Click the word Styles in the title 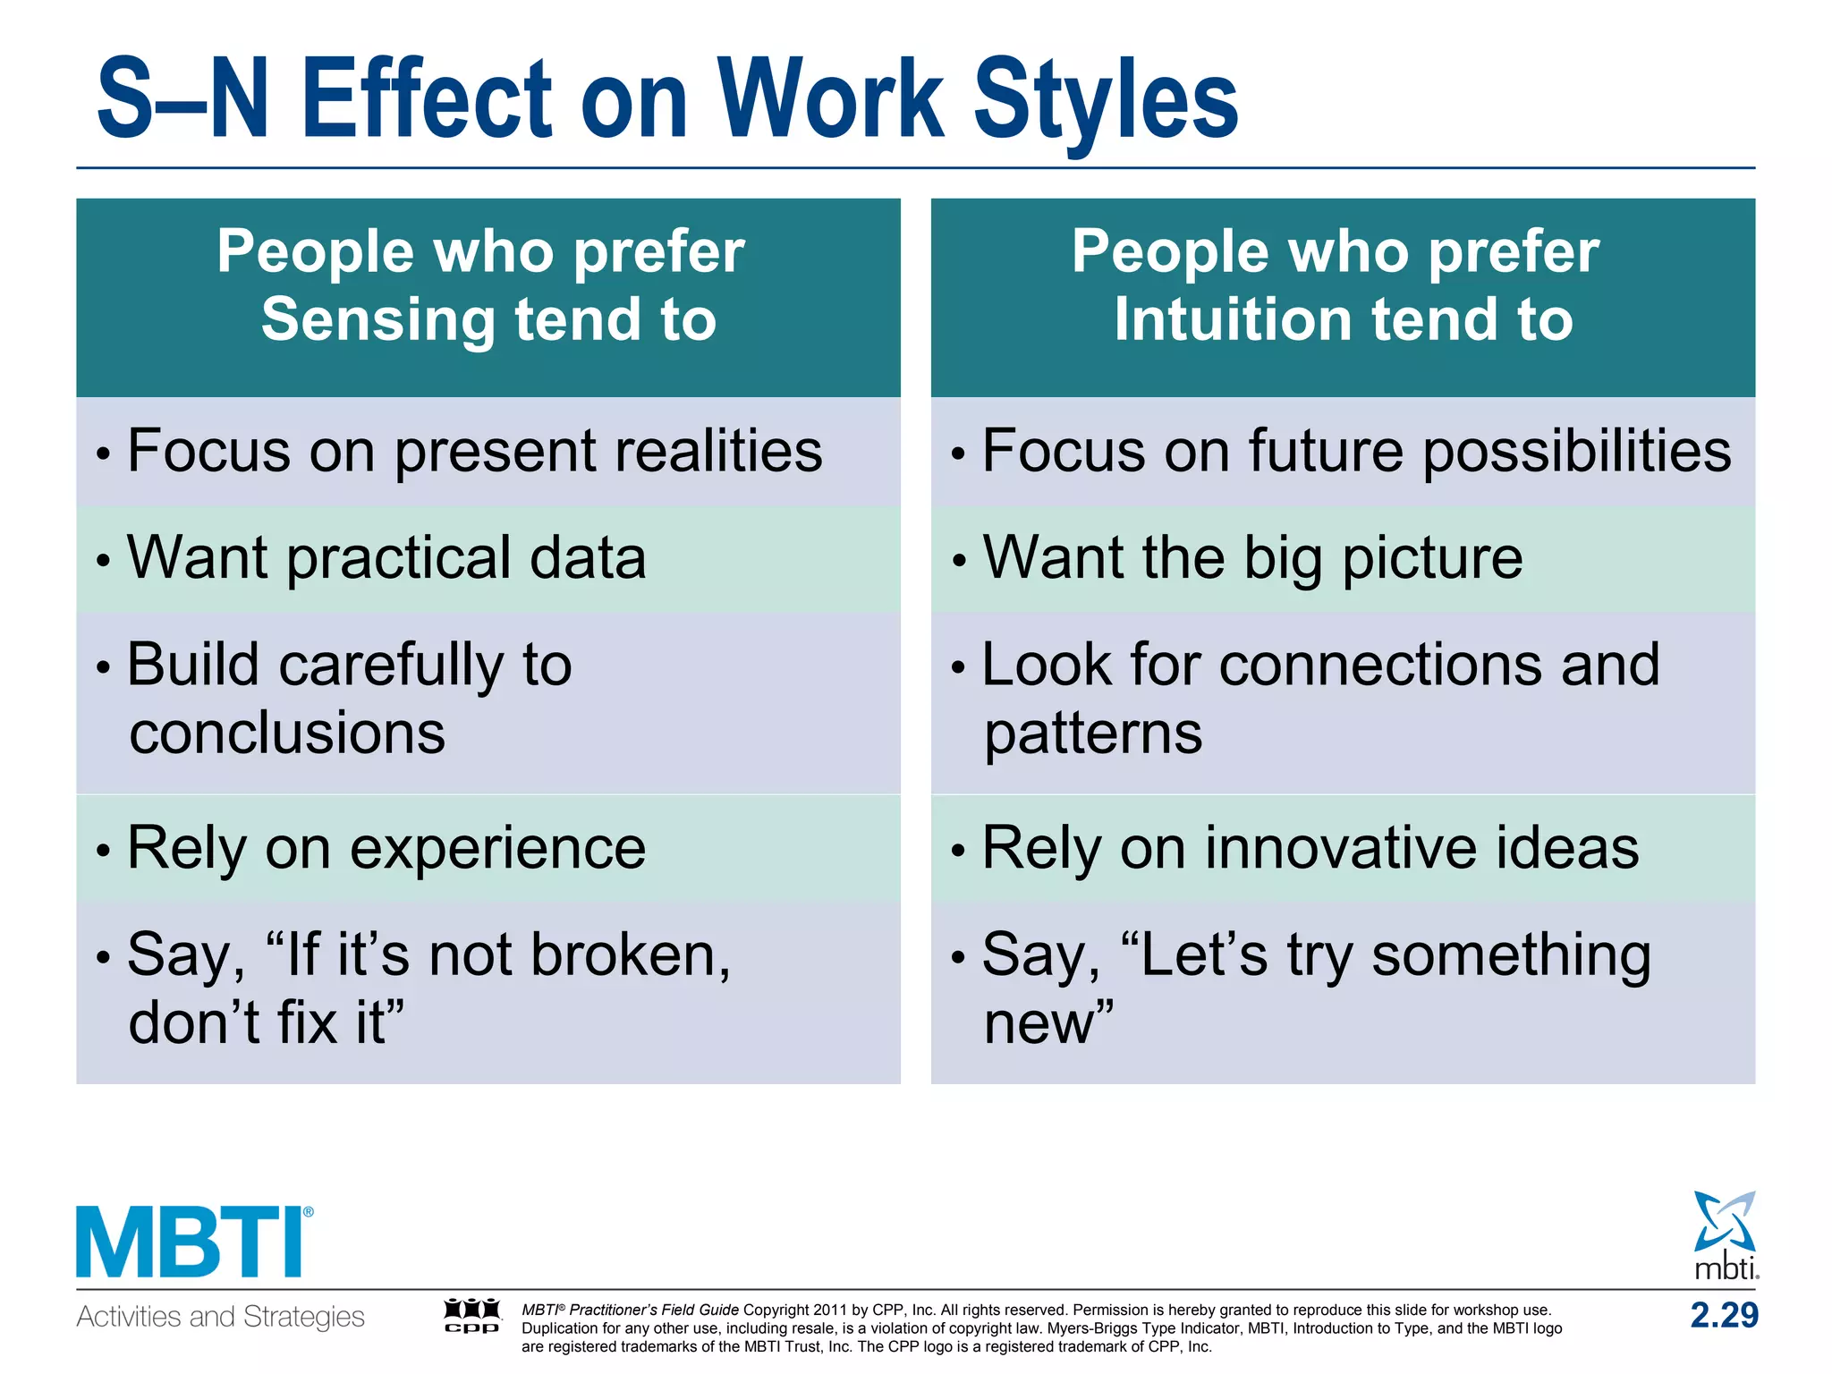click(1105, 100)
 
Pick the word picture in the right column click(1432, 558)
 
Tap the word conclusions click(287, 734)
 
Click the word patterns click(1093, 734)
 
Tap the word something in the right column click(1511, 954)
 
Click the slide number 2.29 click(1724, 1315)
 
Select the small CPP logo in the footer click(472, 1316)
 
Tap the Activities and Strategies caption click(220, 1317)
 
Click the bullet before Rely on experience click(104, 850)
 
